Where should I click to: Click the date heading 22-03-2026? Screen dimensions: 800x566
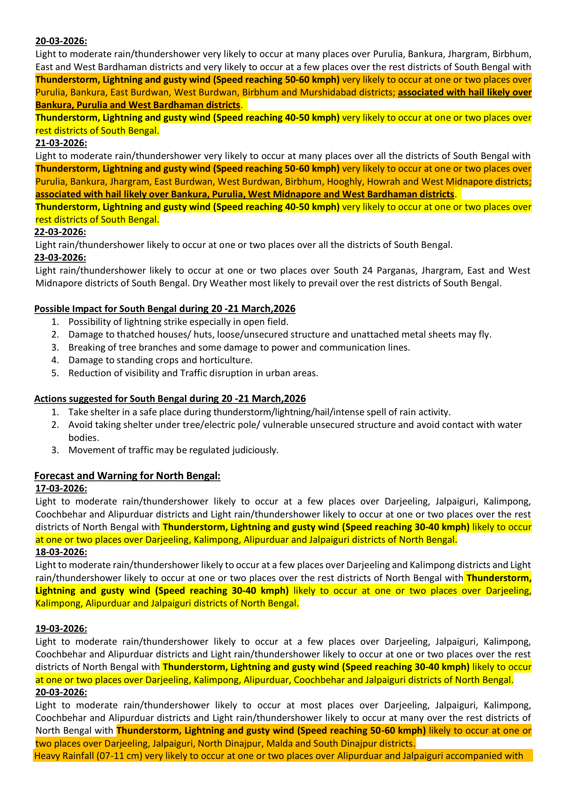tap(60, 232)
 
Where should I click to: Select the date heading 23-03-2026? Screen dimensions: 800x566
tap(60, 258)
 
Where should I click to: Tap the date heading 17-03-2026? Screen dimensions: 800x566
tap(61, 488)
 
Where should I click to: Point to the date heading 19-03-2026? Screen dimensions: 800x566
tap(61, 629)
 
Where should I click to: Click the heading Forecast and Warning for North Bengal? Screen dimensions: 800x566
tap(127, 476)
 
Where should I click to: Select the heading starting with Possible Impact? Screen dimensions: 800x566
tap(164, 309)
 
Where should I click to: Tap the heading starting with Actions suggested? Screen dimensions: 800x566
tap(170, 399)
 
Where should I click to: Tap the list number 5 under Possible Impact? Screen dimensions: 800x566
tap(55, 373)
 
